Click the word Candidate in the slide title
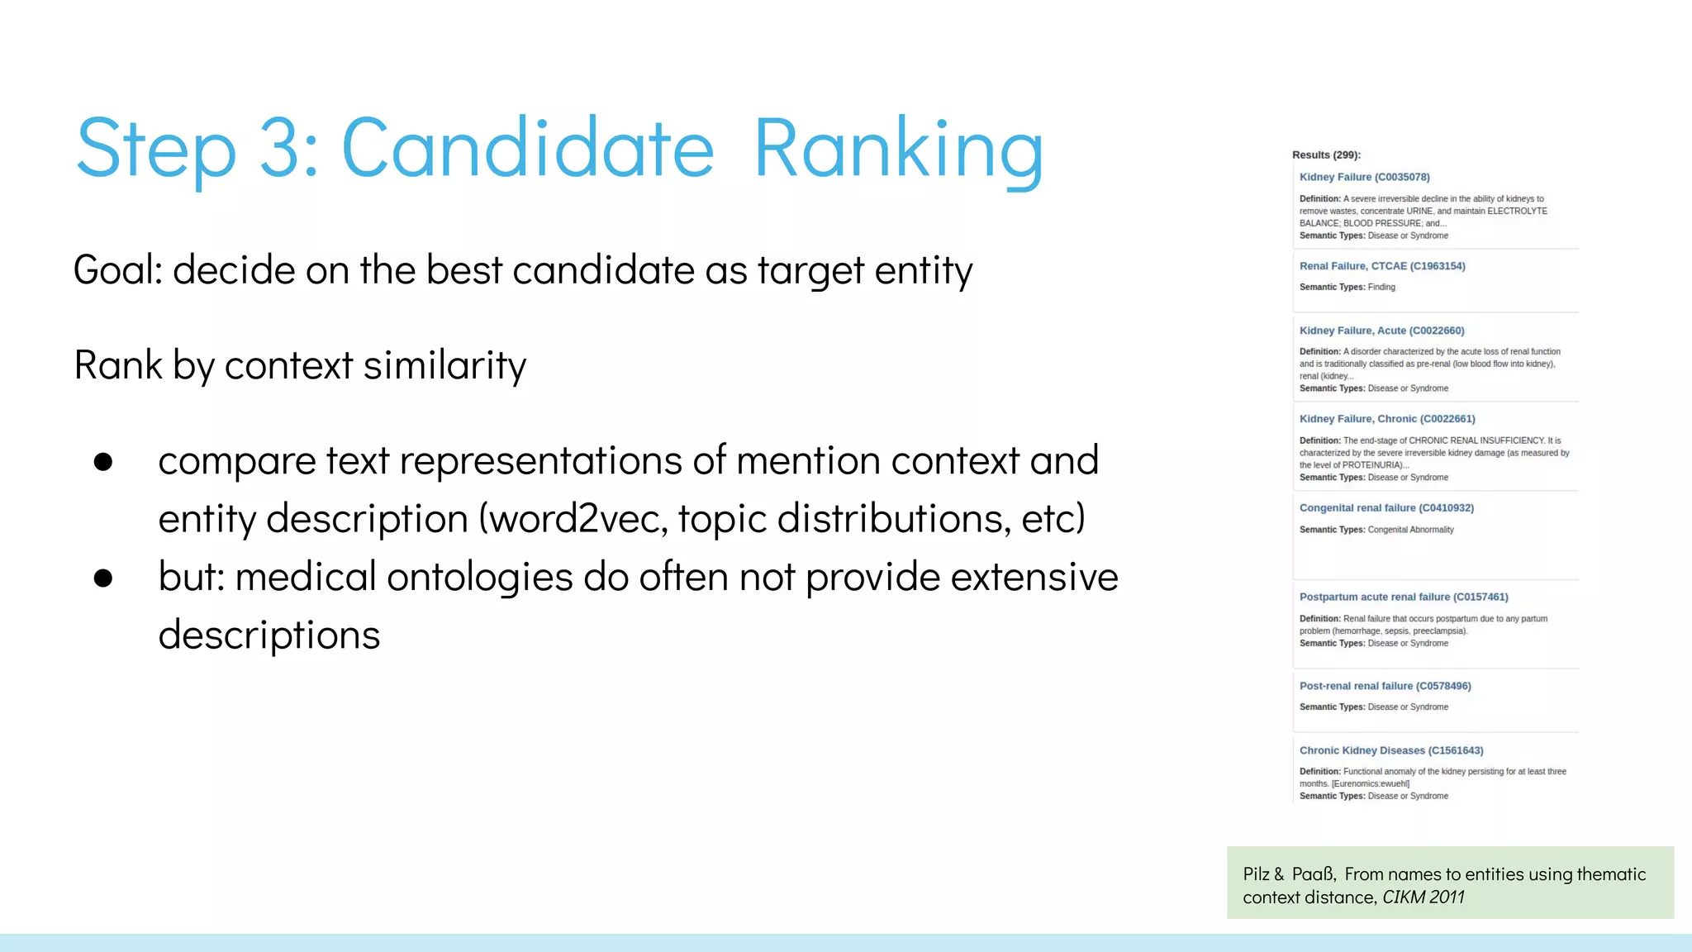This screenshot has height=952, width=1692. (527, 149)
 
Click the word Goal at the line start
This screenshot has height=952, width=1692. (118, 270)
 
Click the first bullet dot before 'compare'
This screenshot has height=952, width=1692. (103, 461)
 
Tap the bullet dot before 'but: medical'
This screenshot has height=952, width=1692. (103, 578)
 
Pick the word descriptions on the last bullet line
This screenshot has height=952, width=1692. (269, 635)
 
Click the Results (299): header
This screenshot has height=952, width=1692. (1326, 155)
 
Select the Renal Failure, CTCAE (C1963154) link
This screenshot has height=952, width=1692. (1382, 266)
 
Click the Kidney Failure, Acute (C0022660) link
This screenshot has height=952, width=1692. (1381, 331)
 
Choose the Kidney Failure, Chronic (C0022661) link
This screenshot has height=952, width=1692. (1387, 419)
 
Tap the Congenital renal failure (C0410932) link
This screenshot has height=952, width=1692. (1386, 508)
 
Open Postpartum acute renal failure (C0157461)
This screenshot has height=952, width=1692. (1404, 597)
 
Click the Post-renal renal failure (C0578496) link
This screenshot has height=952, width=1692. (1385, 686)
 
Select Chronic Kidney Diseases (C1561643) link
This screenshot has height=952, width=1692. (1391, 750)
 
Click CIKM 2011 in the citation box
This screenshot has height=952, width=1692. (1423, 897)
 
